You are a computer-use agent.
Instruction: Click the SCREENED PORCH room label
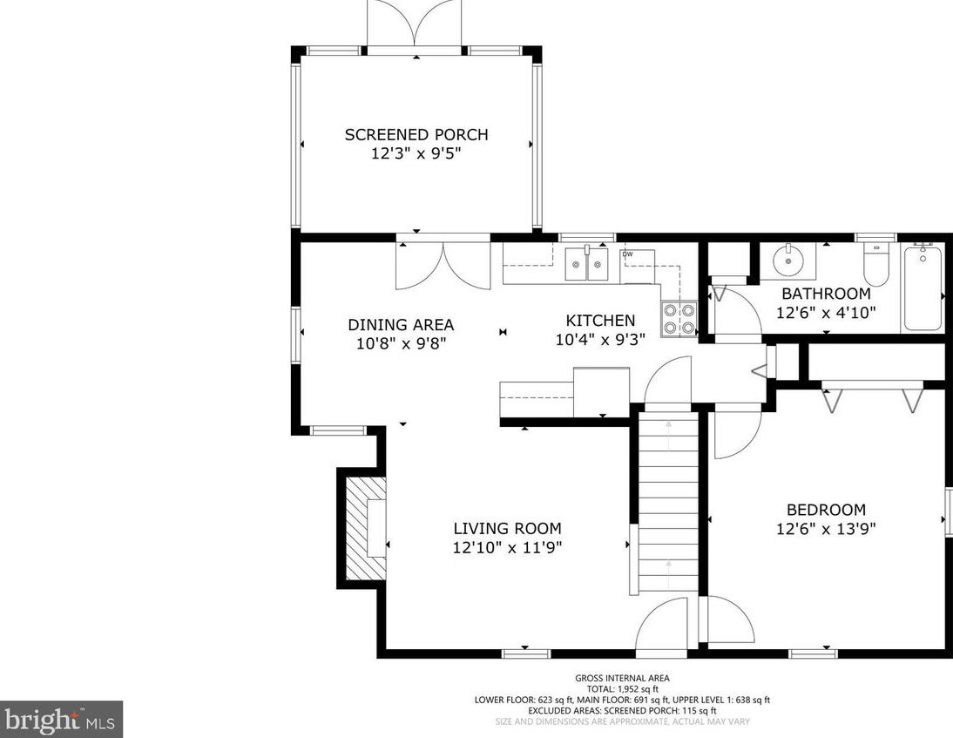click(416, 134)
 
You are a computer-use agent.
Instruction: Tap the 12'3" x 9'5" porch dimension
click(416, 154)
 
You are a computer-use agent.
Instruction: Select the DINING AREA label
click(401, 325)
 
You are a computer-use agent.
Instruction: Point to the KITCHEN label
click(600, 321)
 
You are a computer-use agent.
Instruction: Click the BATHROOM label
click(826, 294)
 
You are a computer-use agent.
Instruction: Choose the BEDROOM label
click(826, 510)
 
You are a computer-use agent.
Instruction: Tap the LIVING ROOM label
click(508, 528)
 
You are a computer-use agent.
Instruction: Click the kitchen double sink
click(586, 264)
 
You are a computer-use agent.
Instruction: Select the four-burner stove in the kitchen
click(679, 319)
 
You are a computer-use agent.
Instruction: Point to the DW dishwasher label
click(628, 254)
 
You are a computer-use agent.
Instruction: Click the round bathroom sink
click(788, 261)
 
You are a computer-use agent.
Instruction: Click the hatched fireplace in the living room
click(365, 528)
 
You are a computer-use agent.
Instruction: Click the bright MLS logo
click(61, 720)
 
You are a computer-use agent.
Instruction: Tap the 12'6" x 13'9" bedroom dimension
click(826, 529)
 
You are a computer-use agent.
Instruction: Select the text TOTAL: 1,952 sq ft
click(622, 688)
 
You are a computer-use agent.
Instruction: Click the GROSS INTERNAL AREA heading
click(622, 678)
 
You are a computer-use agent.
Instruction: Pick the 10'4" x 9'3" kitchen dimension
click(600, 339)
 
